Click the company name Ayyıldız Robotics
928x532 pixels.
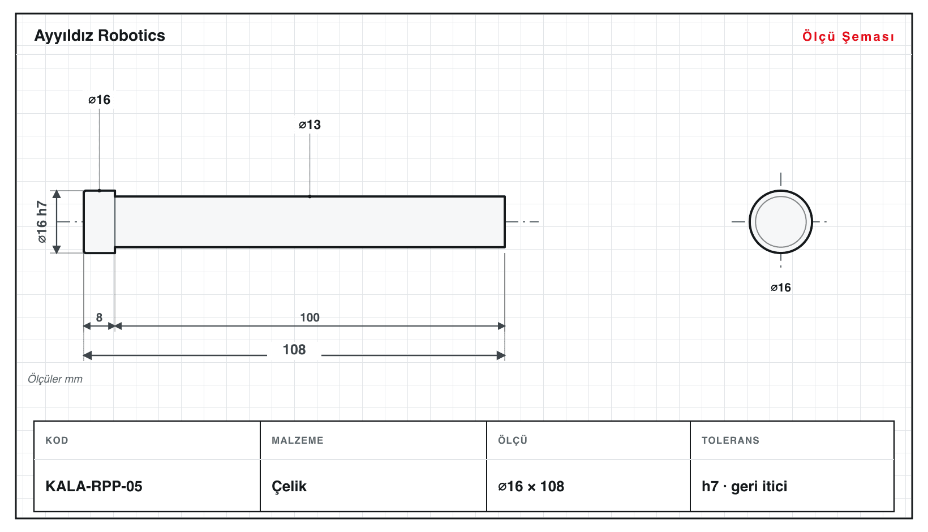click(100, 36)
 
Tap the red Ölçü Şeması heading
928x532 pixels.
click(848, 36)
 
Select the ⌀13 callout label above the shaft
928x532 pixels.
click(310, 125)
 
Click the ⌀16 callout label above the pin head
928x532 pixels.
click(99, 100)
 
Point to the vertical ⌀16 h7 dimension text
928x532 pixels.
click(42, 222)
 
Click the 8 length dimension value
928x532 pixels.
click(99, 318)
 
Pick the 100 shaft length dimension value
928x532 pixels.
click(310, 318)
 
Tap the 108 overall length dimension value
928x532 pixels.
click(294, 350)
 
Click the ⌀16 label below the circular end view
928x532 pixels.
click(780, 288)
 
